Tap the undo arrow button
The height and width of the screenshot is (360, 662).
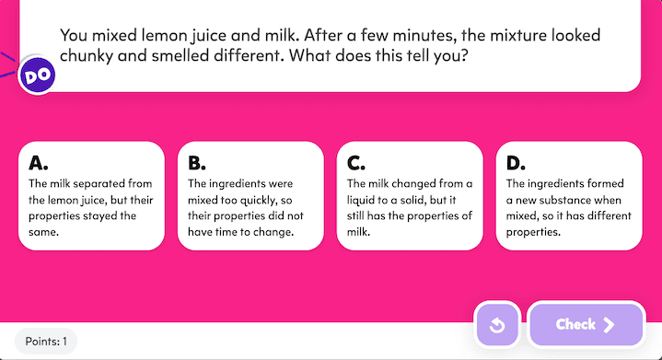tap(497, 325)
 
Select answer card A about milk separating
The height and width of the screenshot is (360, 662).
tap(91, 195)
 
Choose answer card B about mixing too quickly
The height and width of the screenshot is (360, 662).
tap(250, 195)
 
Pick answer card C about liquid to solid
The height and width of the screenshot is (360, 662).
tap(410, 195)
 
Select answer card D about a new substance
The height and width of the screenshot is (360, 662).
tap(569, 195)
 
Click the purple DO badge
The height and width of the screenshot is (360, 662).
tap(38, 75)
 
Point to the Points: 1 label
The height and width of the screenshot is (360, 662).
tap(46, 342)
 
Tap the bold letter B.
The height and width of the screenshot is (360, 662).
tap(197, 164)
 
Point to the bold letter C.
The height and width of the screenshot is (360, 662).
tap(356, 164)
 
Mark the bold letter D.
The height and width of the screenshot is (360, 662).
tap(516, 164)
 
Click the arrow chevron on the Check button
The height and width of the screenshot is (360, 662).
tap(609, 324)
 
